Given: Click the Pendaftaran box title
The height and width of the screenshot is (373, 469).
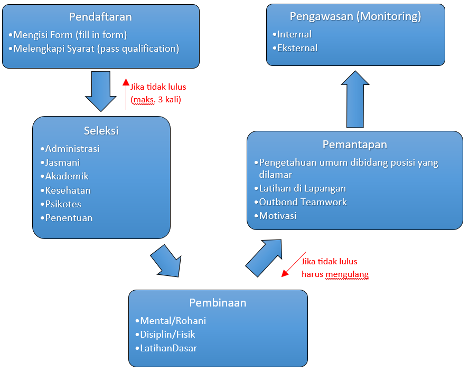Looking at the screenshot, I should click(100, 17).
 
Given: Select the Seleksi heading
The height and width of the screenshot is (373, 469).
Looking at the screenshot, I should click(101, 131).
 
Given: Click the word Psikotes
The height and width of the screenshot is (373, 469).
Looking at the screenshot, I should click(63, 204).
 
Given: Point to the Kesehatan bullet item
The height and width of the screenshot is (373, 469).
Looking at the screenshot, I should click(68, 190).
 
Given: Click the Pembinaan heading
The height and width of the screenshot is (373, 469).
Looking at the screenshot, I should click(218, 303).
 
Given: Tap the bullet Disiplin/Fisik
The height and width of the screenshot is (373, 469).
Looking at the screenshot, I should click(167, 334).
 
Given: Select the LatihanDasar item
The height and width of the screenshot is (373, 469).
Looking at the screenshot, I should click(168, 348).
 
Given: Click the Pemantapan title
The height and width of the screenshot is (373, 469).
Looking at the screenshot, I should click(354, 144).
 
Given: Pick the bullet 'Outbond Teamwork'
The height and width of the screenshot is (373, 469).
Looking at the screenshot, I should click(303, 202).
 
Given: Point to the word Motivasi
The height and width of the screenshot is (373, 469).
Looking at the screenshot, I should click(277, 216).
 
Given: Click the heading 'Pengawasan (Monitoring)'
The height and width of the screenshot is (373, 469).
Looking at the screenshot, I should click(355, 16).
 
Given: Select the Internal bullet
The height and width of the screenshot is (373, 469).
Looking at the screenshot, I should click(294, 34).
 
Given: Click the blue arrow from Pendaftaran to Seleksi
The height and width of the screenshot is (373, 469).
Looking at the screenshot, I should click(100, 91).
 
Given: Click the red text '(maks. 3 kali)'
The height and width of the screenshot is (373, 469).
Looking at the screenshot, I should click(155, 99).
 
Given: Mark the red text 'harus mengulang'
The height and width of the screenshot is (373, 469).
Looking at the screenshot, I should click(335, 274).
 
